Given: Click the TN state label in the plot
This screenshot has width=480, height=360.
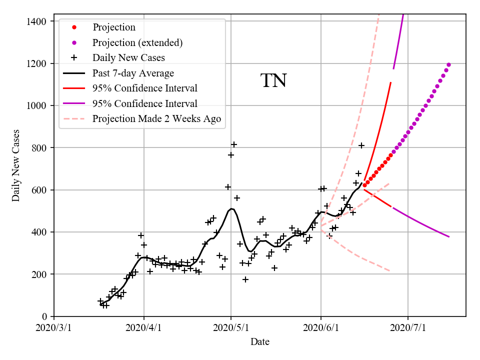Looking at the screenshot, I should [273, 80].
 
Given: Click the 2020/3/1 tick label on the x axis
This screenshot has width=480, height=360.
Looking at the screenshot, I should [54, 328].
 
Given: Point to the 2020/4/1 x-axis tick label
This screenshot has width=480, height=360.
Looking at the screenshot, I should [144, 328].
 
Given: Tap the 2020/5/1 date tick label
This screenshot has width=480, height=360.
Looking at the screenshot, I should [231, 328].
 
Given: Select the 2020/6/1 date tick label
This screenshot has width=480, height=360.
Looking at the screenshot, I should [321, 328].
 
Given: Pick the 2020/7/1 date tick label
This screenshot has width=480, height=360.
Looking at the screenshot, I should [408, 328].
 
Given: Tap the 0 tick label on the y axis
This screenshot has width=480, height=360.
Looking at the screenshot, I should [44, 316].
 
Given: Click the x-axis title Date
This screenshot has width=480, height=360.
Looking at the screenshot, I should [260, 342].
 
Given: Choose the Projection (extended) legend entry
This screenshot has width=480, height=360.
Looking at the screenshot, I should [137, 42].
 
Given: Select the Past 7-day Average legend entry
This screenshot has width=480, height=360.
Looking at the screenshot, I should [133, 73].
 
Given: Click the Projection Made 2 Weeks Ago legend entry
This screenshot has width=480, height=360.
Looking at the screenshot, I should [156, 119].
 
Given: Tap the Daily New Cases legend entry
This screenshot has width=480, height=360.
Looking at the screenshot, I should [128, 57].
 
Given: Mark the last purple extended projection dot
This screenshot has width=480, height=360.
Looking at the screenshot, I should [448, 64].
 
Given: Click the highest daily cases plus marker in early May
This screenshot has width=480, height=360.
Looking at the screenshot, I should [234, 144].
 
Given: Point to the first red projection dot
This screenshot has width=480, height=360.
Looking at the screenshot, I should [364, 185].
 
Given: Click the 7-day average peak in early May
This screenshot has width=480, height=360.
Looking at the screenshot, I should [231, 208].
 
